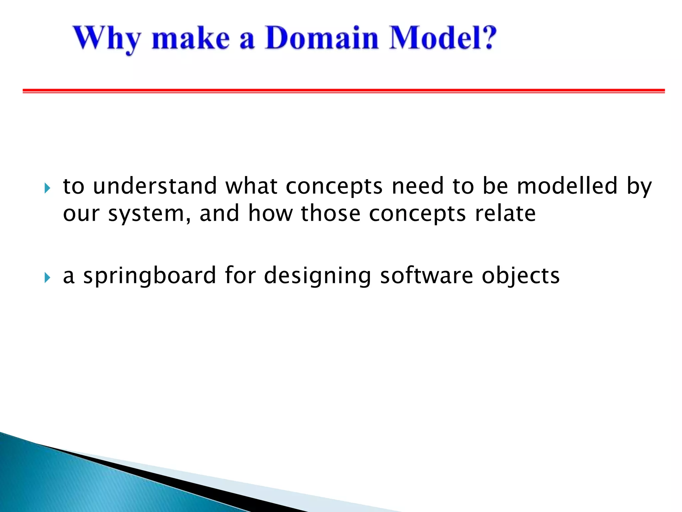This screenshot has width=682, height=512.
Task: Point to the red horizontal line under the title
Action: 344,91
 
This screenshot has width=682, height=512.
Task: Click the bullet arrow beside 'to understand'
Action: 47,188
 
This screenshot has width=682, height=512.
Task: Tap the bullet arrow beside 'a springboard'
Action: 47,277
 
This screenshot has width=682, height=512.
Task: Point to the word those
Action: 330,213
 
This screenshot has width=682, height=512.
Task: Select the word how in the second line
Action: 270,213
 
